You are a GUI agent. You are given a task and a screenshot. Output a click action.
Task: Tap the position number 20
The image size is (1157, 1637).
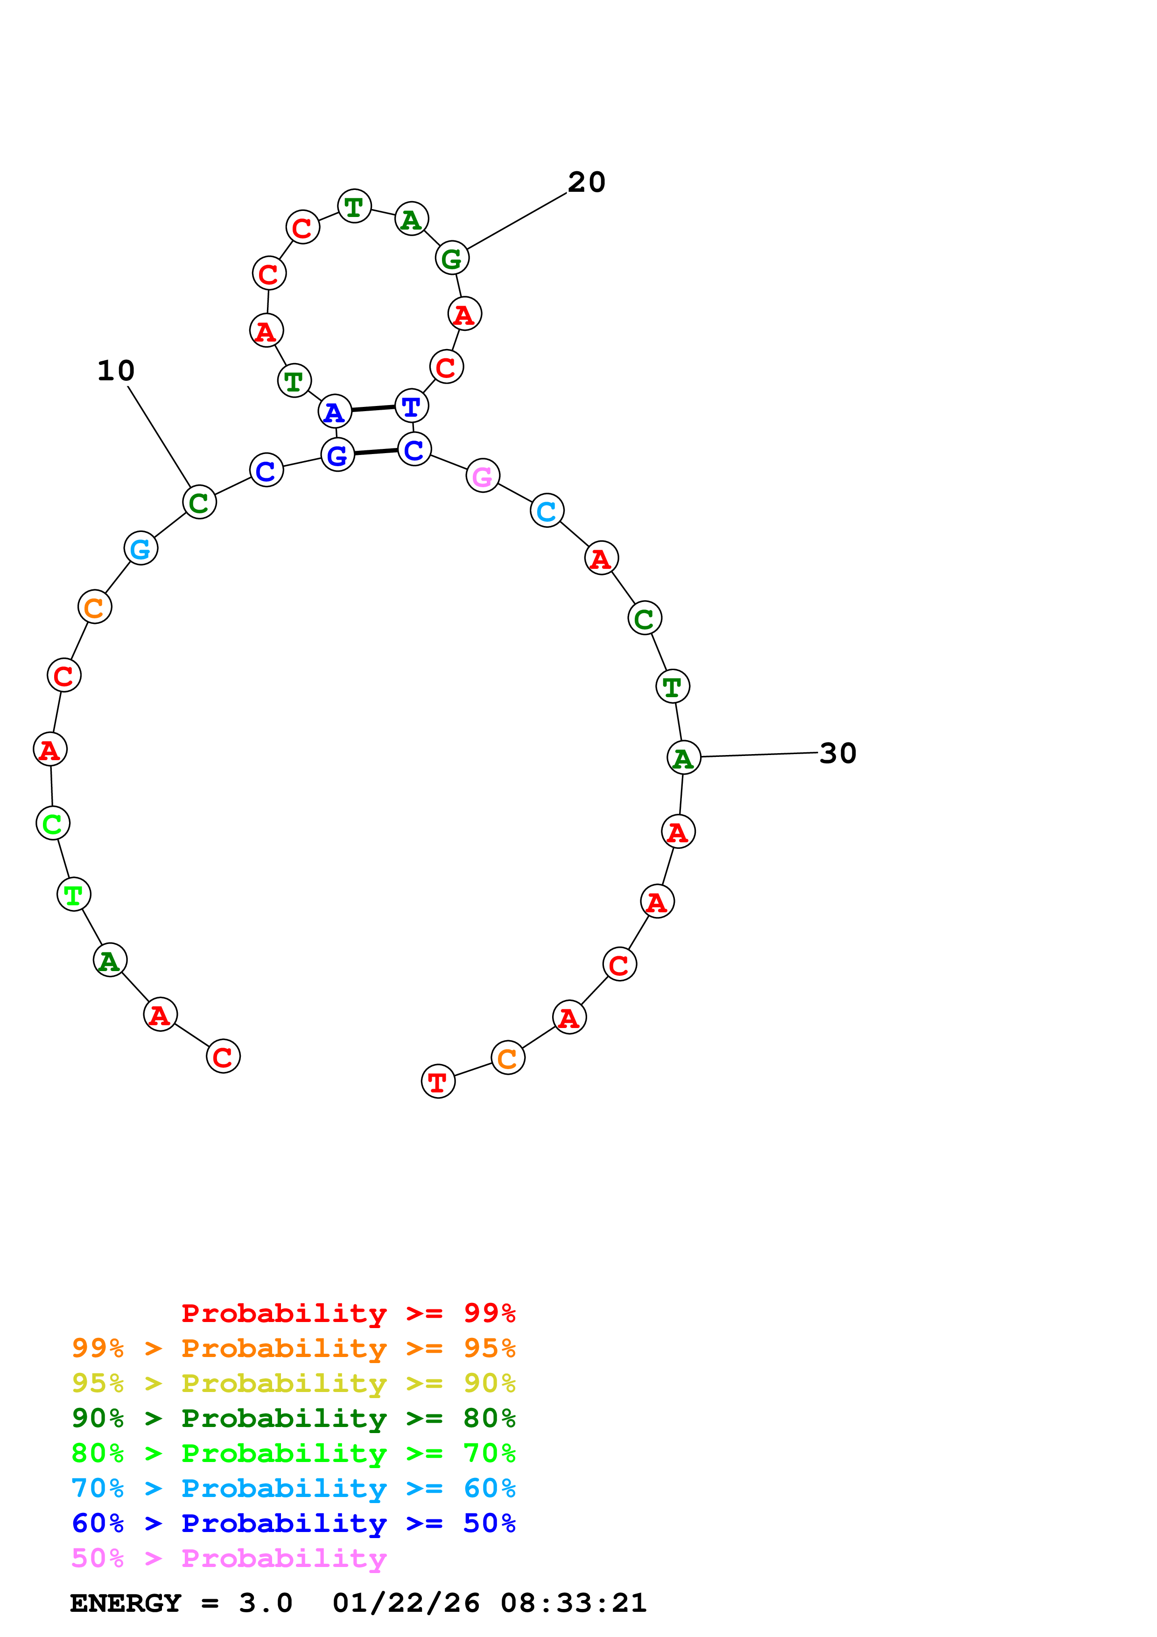click(x=586, y=182)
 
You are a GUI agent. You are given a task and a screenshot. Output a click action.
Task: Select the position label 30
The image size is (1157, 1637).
click(x=838, y=754)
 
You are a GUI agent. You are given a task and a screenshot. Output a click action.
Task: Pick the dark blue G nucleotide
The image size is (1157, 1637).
click(x=337, y=455)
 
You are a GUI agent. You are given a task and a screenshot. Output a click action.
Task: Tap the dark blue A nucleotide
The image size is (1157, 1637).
click(x=334, y=412)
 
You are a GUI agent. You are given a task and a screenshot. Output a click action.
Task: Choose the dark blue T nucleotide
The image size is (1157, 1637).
click(x=411, y=406)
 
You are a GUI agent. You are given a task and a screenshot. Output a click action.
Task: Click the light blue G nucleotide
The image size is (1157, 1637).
click(x=140, y=549)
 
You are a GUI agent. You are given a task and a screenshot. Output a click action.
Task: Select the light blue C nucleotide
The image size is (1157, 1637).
click(x=547, y=511)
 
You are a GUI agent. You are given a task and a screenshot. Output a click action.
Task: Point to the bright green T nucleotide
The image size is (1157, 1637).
click(x=73, y=895)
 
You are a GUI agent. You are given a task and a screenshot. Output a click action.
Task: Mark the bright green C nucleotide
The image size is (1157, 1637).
click(x=53, y=824)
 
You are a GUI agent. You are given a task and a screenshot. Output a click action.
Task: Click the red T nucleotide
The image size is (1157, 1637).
click(x=438, y=1082)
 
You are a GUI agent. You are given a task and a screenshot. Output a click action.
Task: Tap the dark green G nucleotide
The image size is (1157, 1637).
click(x=452, y=259)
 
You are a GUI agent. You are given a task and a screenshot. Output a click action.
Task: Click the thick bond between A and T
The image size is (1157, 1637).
click(x=373, y=408)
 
